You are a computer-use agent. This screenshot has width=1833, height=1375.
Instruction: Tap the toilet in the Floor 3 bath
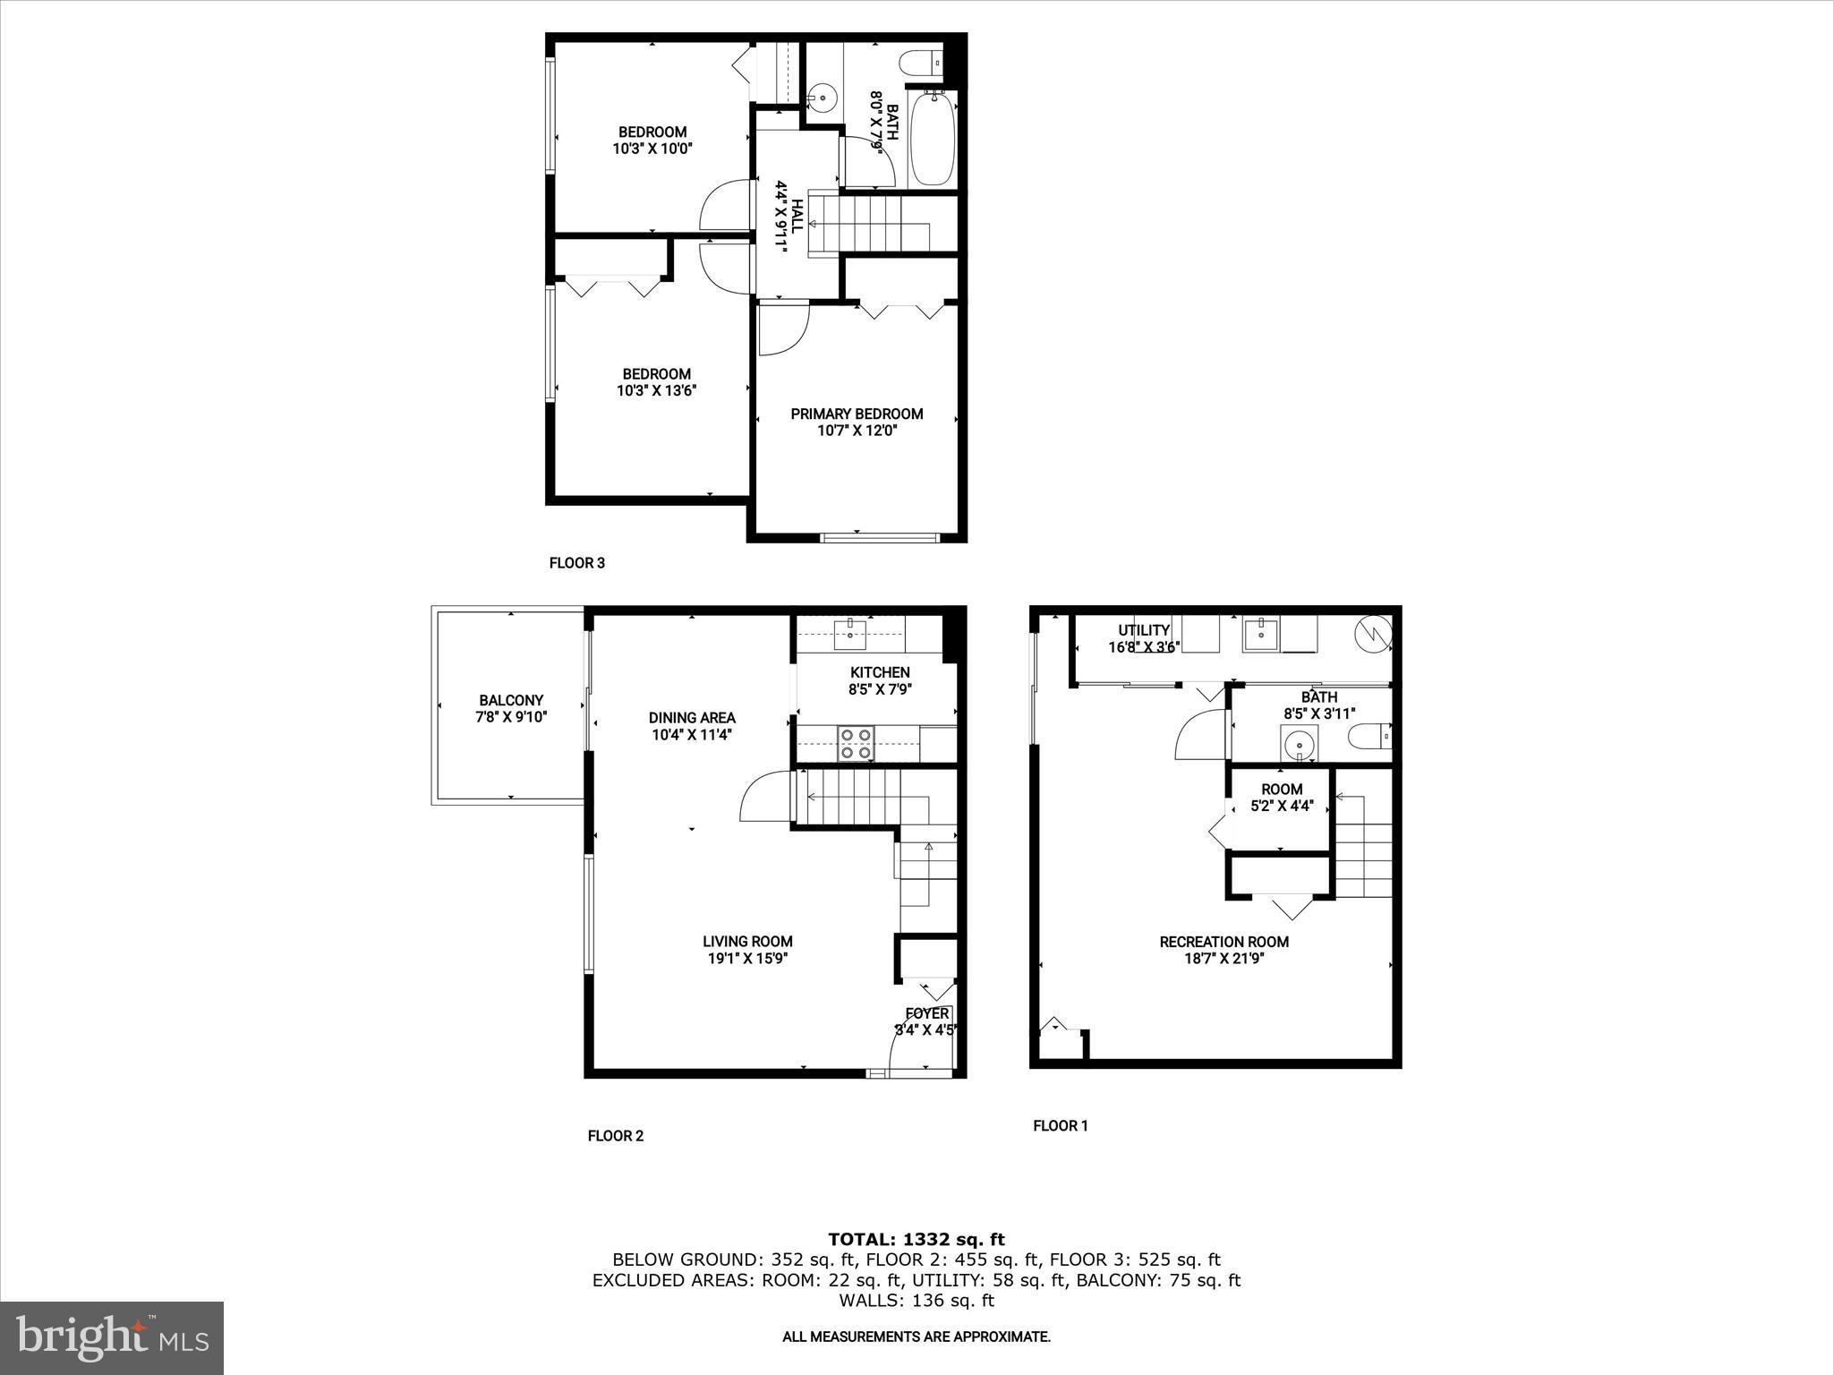(923, 64)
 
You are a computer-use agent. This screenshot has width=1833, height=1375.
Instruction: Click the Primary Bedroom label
(857, 414)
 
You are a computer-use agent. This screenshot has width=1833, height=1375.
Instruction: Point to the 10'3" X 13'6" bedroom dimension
(656, 390)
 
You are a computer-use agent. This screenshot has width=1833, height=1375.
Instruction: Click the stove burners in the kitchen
(855, 743)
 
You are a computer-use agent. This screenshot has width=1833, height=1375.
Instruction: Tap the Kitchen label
(879, 672)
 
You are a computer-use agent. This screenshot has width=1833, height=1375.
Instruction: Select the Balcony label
(510, 700)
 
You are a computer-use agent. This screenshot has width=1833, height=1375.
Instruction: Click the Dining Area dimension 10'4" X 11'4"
(691, 735)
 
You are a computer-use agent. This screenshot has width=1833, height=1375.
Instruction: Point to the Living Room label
(747, 941)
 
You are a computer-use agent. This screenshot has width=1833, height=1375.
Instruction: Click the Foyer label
(926, 1013)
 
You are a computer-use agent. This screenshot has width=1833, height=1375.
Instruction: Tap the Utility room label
(1143, 630)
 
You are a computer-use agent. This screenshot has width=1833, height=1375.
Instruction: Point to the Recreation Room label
(1223, 942)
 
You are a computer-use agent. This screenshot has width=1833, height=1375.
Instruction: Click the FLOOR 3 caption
(576, 563)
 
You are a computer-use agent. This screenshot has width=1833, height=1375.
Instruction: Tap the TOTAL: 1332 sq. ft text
(916, 1240)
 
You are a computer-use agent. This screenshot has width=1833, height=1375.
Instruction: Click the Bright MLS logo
(112, 1337)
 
